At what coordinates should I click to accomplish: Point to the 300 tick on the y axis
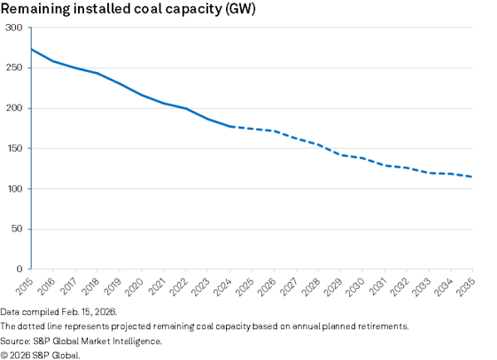[x=15, y=28]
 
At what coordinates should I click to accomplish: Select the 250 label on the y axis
[x=15, y=68]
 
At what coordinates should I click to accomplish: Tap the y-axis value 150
[x=15, y=149]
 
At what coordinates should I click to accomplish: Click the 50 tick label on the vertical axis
[x=18, y=229]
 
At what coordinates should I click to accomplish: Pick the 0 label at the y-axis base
[x=20, y=269]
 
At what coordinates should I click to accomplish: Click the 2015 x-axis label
[x=25, y=285]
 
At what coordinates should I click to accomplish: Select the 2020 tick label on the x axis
[x=135, y=285]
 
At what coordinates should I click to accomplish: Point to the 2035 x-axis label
[x=465, y=285]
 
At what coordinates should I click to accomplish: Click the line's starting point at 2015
[x=31, y=50]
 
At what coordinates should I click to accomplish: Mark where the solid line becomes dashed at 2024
[x=229, y=127]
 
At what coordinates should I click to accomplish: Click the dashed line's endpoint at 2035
[x=471, y=176]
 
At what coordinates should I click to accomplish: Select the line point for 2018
[x=97, y=73]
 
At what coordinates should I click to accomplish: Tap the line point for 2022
[x=185, y=108]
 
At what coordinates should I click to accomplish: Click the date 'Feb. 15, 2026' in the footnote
[x=90, y=313]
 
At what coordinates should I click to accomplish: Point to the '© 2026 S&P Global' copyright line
[x=40, y=354]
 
